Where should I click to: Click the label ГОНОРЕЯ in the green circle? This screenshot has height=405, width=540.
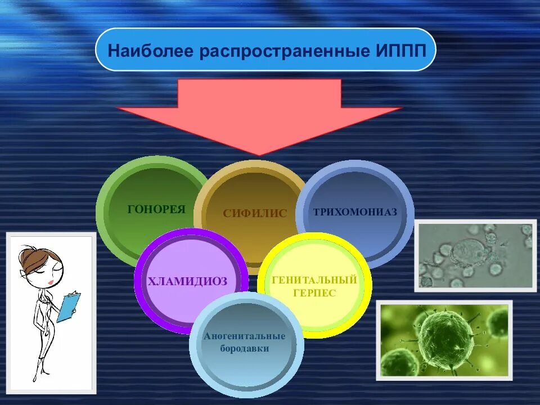(x=156, y=210)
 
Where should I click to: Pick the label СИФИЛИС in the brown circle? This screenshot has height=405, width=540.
(x=255, y=214)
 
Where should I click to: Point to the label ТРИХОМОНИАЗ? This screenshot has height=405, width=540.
(x=355, y=212)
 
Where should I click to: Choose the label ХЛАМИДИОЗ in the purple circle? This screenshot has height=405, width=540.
(x=187, y=281)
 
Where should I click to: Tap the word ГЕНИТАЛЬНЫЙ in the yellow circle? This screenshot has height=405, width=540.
(x=314, y=280)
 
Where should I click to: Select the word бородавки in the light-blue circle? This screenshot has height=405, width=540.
(x=244, y=349)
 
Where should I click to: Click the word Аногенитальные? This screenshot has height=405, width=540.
(x=244, y=336)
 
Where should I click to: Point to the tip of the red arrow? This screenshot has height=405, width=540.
(x=259, y=155)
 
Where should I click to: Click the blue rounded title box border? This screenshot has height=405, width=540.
(x=265, y=29)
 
